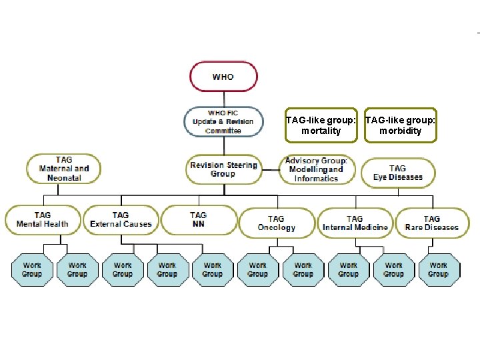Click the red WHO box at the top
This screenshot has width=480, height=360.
223,77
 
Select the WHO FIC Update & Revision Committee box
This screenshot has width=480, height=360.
223,121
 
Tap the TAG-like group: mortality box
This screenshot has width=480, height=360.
321,125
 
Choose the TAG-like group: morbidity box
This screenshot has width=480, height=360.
401,125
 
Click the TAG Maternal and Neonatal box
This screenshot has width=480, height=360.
64,169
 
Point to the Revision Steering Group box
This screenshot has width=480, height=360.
223,169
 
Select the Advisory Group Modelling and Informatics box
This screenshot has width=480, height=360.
316,169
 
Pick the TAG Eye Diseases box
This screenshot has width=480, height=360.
397,173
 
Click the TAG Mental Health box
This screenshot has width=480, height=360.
43,219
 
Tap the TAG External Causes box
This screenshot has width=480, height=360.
121,219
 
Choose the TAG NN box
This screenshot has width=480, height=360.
198,219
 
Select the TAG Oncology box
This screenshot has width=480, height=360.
276,223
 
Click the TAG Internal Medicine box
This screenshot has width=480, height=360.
355,223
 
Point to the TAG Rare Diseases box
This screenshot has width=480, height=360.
431,223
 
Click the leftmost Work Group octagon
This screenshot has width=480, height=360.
32,269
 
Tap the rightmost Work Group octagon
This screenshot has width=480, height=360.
438,269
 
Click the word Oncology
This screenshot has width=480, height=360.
276,227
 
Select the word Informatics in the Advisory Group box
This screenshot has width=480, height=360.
316,178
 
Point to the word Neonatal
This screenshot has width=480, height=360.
64,178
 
